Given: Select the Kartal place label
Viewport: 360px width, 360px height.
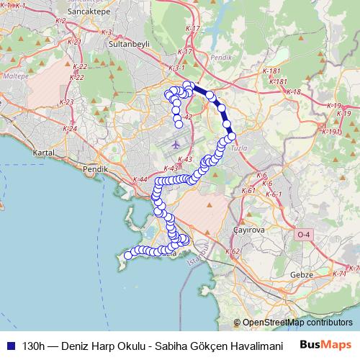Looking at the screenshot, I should pyautogui.click(x=44, y=153).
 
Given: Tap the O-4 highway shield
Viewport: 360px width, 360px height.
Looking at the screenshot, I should pyautogui.click(x=305, y=235).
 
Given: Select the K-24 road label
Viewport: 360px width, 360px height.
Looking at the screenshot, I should pyautogui.click(x=70, y=128).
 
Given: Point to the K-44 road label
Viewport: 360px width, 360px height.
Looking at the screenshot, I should pyautogui.click(x=140, y=179).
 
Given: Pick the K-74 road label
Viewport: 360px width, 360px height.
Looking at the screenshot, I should pyautogui.click(x=342, y=274).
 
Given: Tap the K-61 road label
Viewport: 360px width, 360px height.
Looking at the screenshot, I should pyautogui.click(x=248, y=191).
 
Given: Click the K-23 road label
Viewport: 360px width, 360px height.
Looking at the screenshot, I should pyautogui.click(x=66, y=102).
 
